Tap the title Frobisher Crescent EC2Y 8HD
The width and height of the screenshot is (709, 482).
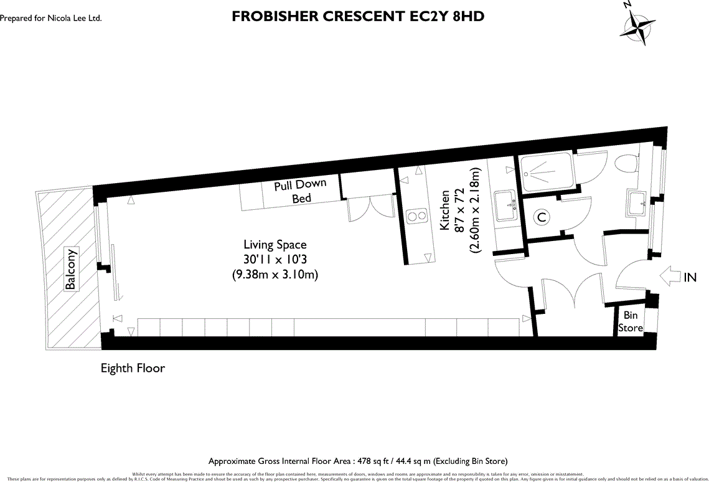tap(357, 17)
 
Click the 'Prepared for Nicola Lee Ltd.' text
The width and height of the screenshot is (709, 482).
tap(51, 19)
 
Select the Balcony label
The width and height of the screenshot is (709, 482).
tap(71, 270)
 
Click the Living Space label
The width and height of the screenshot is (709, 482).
tap(275, 245)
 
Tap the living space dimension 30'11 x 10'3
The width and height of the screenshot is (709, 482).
tap(275, 260)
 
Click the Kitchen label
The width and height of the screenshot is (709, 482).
tap(445, 210)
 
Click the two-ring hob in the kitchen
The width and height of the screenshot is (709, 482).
tap(415, 216)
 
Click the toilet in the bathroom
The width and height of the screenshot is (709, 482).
tap(624, 164)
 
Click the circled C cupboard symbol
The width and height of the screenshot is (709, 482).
tap(542, 217)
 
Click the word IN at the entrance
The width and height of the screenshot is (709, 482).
tap(690, 278)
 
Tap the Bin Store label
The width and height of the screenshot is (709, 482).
tap(630, 321)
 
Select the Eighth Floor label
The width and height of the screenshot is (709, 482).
tap(133, 368)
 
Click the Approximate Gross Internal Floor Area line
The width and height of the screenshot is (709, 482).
tap(358, 461)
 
